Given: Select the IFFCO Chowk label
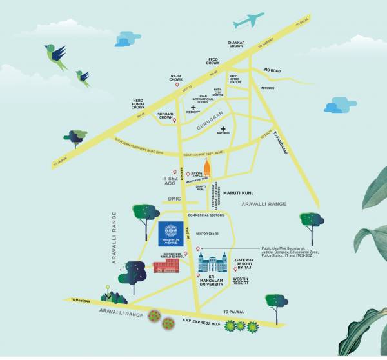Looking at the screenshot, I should [x=213, y=61].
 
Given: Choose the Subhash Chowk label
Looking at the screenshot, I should [x=166, y=117].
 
